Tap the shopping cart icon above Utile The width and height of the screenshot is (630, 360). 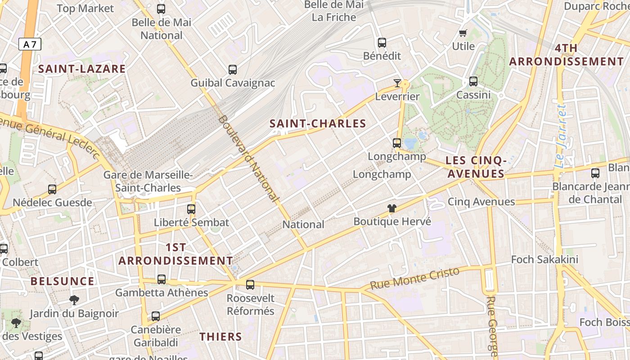pos(463,33)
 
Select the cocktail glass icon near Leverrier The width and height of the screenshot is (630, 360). pos(397,83)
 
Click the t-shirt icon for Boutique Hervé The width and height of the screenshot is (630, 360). pos(392,208)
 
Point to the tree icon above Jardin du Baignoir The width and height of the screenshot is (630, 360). pos(74,300)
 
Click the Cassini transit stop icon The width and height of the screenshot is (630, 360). pos(473,81)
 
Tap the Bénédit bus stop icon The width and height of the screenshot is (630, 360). pos(382,43)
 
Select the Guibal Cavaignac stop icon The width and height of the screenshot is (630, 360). pos(232,70)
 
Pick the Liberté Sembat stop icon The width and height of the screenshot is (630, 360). pos(191,209)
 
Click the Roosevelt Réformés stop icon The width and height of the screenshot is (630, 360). pos(250,284)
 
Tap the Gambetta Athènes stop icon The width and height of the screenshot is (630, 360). pos(162,279)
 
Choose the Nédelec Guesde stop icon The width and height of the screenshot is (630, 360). pos(52,189)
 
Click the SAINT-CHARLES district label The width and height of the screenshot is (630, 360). pos(318,124)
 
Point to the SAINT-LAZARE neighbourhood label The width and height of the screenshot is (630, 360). pos(82,69)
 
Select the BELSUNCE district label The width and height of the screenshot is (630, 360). pos(63,281)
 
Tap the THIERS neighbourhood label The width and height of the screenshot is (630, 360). pos(220,337)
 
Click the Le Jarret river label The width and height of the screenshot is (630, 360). pos(560,136)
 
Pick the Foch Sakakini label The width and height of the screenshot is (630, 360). pos(544,260)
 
